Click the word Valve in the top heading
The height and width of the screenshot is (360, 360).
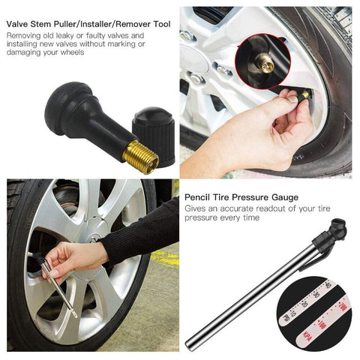coord(19,24)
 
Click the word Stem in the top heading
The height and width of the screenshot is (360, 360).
coord(46,24)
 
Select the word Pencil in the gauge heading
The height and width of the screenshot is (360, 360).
coord(199,197)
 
